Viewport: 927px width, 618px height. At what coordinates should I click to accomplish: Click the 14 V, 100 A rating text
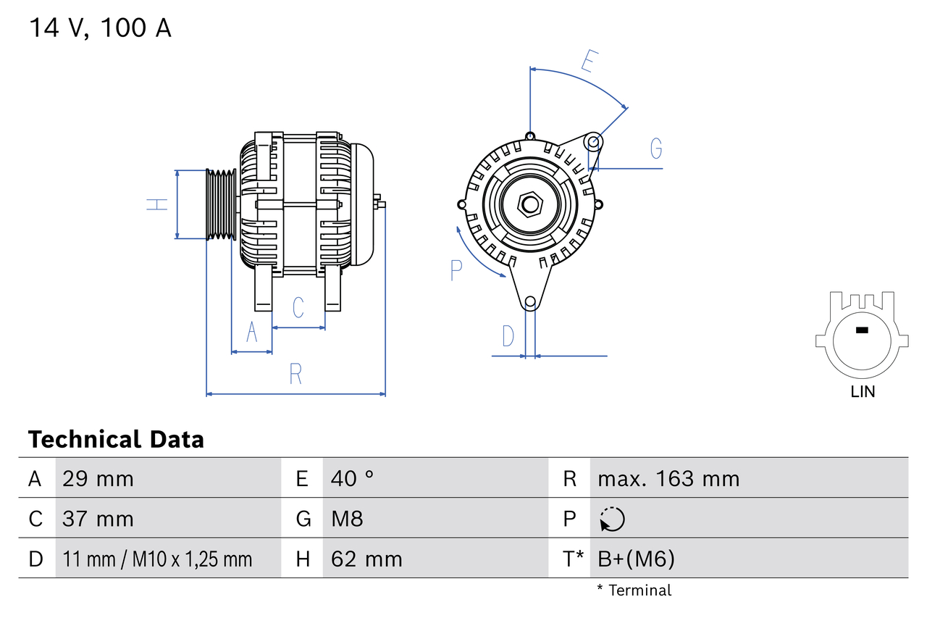[100, 28]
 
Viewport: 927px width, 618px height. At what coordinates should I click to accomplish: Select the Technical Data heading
[116, 440]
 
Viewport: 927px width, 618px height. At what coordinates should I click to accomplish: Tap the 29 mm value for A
[98, 479]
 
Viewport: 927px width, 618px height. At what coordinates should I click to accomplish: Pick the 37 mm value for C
[98, 519]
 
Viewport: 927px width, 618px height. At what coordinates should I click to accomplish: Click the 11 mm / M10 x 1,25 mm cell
[157, 559]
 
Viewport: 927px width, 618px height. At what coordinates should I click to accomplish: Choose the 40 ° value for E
[352, 479]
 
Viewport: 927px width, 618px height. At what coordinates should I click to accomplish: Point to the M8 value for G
[347, 519]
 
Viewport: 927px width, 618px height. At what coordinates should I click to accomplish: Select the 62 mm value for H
[366, 559]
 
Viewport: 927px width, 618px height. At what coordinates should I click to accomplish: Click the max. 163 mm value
[668, 479]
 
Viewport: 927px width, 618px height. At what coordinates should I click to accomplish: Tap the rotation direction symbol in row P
[612, 519]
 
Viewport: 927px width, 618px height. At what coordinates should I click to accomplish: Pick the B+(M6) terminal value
[636, 559]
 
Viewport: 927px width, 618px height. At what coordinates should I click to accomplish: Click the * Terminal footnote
[634, 590]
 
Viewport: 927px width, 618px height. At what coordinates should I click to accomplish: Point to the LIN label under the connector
[863, 392]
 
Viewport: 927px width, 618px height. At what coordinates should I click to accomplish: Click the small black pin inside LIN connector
[861, 330]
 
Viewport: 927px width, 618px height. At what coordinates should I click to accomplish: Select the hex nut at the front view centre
[530, 204]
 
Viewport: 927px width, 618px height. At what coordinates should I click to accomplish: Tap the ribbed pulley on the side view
[221, 205]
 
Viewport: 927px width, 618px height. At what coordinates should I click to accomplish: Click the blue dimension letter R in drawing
[295, 375]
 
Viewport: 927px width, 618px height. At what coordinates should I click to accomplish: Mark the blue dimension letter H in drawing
[157, 204]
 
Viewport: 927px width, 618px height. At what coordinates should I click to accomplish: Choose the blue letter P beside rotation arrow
[456, 270]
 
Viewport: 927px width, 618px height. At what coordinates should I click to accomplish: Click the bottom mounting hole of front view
[530, 301]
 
